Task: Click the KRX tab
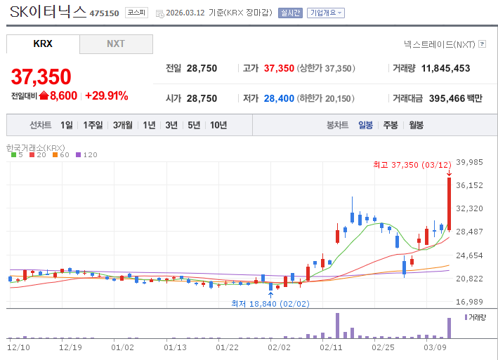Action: pyautogui.click(x=43, y=44)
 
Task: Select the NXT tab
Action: pyautogui.click(x=116, y=44)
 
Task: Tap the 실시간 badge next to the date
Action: pyautogui.click(x=290, y=13)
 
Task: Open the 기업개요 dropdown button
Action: pyautogui.click(x=325, y=13)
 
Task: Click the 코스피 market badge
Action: pyautogui.click(x=136, y=13)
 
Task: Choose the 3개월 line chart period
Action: pyautogui.click(x=123, y=125)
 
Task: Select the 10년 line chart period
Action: pyautogui.click(x=218, y=125)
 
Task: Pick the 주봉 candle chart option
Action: pyautogui.click(x=391, y=125)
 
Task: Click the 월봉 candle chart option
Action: pyautogui.click(x=416, y=125)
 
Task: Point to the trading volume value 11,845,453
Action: pyautogui.click(x=445, y=68)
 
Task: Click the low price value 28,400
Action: pyautogui.click(x=279, y=99)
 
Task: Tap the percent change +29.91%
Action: pyautogui.click(x=107, y=95)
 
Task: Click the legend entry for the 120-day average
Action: pyautogui.click(x=86, y=155)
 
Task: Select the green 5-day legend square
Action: pyautogui.click(x=13, y=155)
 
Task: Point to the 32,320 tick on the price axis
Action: pyautogui.click(x=469, y=208)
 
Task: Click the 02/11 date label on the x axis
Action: pyautogui.click(x=331, y=347)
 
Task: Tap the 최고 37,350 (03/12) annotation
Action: pyautogui.click(x=412, y=165)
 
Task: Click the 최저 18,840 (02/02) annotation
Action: pyautogui.click(x=270, y=304)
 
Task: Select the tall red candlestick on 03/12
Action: pyautogui.click(x=449, y=204)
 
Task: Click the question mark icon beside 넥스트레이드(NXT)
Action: pyautogui.click(x=482, y=44)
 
